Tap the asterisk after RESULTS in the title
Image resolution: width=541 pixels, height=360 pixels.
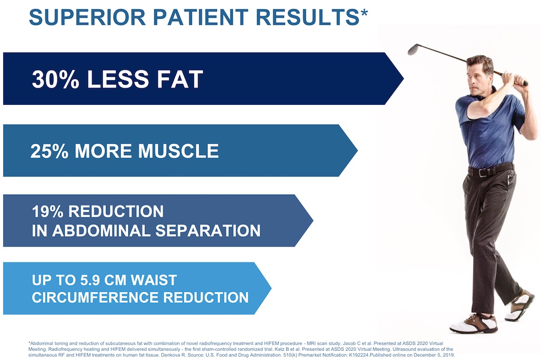pyautogui.click(x=364, y=13)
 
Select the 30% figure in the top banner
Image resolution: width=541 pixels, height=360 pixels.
pyautogui.click(x=56, y=79)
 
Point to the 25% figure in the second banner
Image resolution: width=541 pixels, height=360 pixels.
pyautogui.click(x=49, y=151)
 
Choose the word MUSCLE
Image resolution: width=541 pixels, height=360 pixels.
pyautogui.click(x=179, y=151)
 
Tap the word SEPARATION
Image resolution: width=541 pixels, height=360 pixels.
pyautogui.click(x=208, y=231)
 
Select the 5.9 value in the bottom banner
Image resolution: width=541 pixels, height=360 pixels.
pyautogui.click(x=90, y=281)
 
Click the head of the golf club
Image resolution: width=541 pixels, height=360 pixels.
pyautogui.click(x=413, y=49)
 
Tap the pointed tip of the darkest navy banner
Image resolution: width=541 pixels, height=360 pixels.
pyautogui.click(x=404, y=78)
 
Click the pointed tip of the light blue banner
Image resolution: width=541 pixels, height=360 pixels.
pyautogui.click(x=271, y=288)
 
